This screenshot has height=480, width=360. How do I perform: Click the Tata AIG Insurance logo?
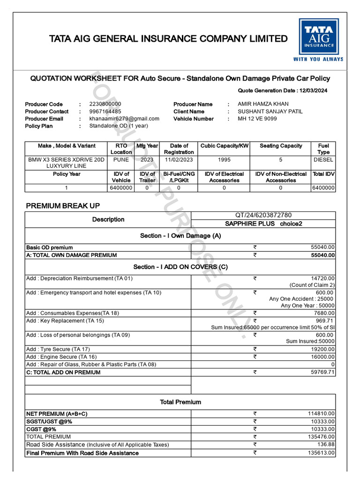(318, 40)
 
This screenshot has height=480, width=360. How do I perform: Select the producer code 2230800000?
(105, 104)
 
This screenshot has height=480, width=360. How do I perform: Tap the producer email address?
(124, 119)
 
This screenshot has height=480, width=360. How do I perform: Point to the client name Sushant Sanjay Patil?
(270, 112)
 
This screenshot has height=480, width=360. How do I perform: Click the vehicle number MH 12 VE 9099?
(257, 119)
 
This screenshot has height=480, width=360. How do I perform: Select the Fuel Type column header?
(323, 149)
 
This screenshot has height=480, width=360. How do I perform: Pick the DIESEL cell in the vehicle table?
(323, 160)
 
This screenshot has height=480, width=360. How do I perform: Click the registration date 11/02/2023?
(179, 160)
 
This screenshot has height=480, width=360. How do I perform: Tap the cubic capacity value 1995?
(224, 160)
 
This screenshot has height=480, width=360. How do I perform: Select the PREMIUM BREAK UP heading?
(63, 206)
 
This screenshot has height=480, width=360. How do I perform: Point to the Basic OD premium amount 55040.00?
(322, 247)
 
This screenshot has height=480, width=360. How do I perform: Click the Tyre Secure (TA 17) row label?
(58, 350)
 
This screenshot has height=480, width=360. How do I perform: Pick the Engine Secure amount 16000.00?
(322, 357)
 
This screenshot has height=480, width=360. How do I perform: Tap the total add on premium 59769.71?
(322, 373)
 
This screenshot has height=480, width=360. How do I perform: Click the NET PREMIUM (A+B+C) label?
(57, 414)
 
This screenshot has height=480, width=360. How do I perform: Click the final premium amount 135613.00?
(321, 453)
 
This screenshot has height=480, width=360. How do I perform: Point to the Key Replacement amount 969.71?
(324, 321)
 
